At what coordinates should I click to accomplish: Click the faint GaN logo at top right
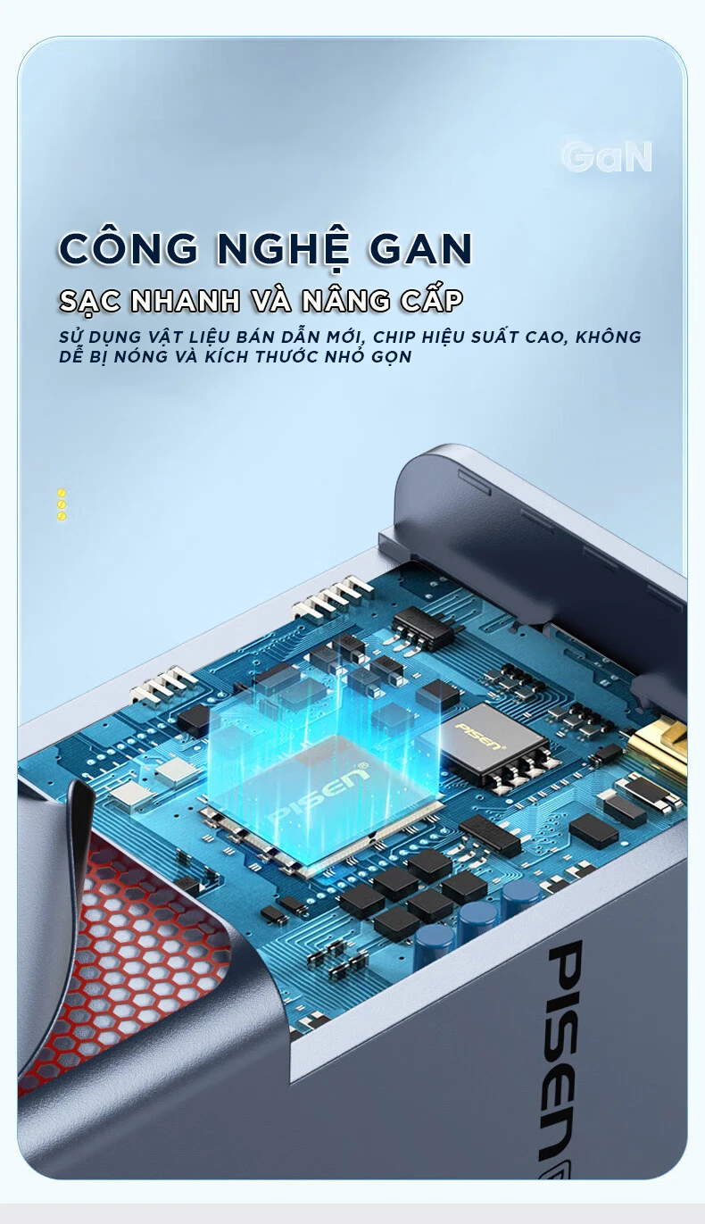pyautogui.click(x=607, y=157)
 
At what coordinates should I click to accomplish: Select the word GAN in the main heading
pyautogui.click(x=419, y=248)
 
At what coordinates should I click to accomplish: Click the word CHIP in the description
pyautogui.click(x=393, y=337)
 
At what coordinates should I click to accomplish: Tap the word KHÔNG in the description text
pyautogui.click(x=609, y=336)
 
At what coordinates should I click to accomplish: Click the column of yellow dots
pyautogui.click(x=62, y=504)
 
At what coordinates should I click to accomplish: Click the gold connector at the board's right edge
pyautogui.click(x=659, y=750)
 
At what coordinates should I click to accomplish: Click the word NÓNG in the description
pyautogui.click(x=140, y=357)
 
